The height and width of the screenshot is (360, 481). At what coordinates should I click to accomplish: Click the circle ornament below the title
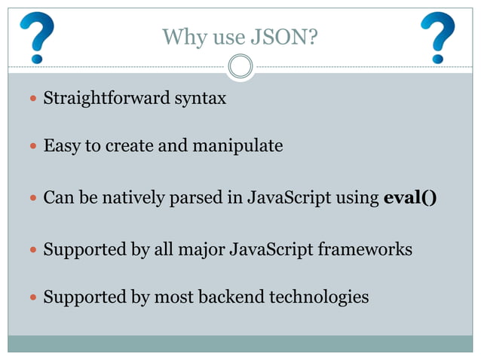(x=240, y=67)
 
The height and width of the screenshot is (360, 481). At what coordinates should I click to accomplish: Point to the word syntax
(x=201, y=99)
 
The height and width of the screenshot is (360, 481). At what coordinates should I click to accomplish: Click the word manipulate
(x=237, y=145)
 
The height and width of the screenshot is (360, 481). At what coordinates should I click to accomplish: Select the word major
(x=198, y=249)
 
